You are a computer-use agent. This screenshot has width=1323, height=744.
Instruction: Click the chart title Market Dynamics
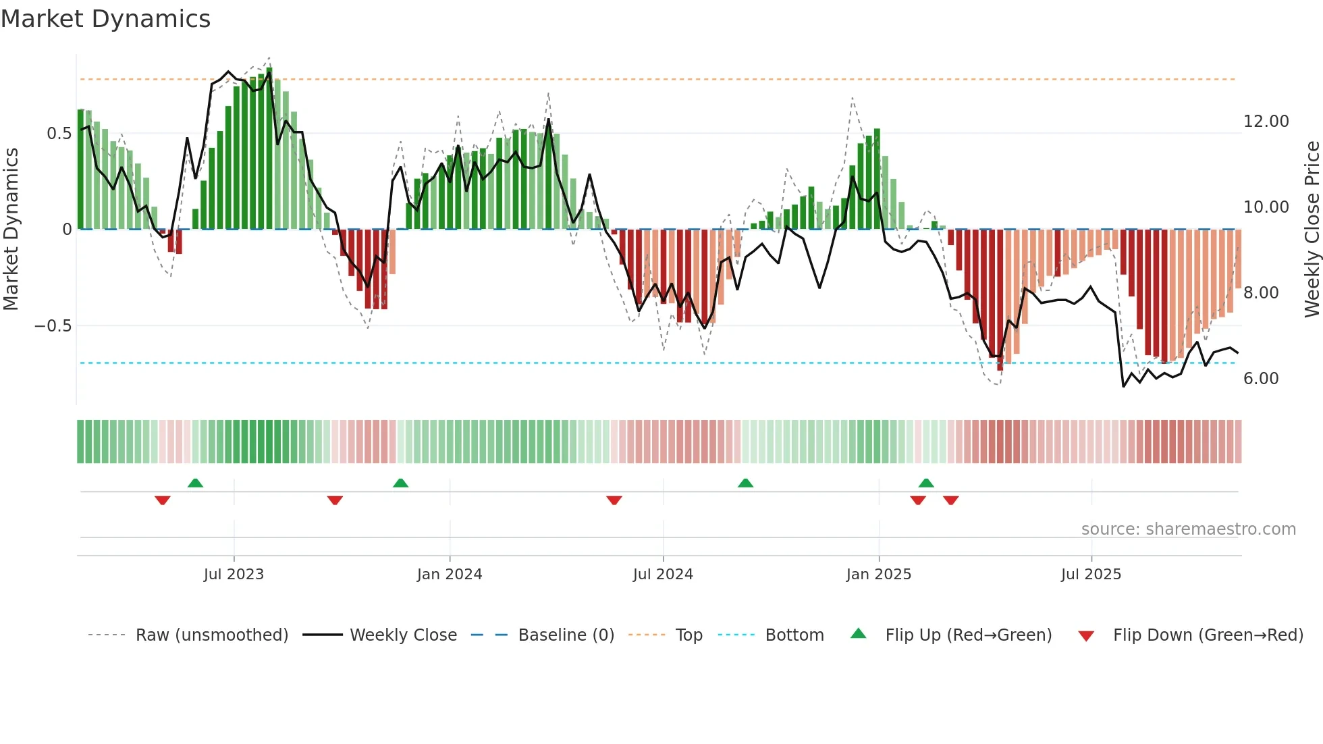point(105,19)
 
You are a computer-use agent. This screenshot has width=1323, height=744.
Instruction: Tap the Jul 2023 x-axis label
point(234,575)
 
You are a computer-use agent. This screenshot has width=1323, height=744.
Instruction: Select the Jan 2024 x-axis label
point(450,575)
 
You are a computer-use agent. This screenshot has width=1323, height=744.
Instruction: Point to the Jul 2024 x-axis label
point(663,575)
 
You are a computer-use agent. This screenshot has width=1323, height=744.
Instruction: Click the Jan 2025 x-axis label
point(879,575)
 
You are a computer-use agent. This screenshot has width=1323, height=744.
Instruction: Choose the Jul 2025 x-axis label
point(1091,575)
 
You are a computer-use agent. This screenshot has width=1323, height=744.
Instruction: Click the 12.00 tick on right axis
point(1266,122)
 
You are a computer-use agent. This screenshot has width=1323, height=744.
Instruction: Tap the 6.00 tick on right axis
point(1261,379)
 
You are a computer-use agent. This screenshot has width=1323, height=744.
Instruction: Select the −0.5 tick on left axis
point(53,326)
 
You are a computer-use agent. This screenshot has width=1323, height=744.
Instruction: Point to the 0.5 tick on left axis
point(59,134)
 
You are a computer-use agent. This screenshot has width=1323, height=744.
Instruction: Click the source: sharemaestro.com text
point(1188,529)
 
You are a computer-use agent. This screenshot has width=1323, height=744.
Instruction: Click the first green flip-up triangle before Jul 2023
point(195,483)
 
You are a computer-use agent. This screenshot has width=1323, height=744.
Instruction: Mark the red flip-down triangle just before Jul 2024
point(614,500)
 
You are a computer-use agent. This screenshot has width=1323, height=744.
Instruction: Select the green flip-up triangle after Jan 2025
point(926,483)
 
